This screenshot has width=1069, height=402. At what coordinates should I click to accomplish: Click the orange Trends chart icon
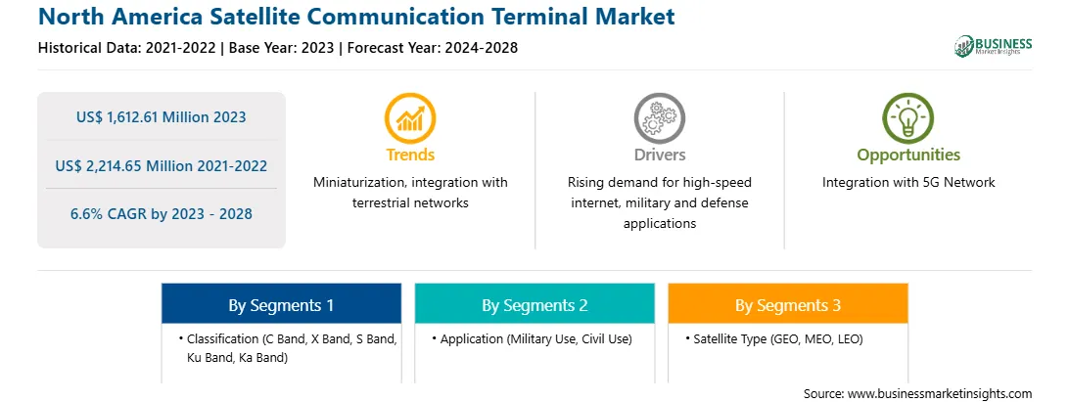click(410, 118)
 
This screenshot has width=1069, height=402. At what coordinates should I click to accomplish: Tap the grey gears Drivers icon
click(659, 118)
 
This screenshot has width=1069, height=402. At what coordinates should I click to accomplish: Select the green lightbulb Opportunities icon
click(908, 118)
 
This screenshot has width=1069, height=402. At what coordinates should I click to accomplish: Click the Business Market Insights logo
click(994, 46)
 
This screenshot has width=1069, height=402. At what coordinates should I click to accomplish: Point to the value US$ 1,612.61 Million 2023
click(162, 117)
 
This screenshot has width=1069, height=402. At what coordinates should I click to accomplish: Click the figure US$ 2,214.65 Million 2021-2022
click(162, 165)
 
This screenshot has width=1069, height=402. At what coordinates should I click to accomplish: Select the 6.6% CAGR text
click(162, 214)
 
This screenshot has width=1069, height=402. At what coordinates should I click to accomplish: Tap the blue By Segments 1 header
click(282, 303)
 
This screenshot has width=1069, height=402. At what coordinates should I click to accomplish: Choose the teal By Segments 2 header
click(534, 303)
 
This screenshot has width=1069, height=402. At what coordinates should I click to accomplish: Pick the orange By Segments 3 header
click(788, 303)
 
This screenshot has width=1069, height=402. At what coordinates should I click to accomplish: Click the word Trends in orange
click(410, 156)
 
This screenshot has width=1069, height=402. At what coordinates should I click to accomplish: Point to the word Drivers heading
click(659, 156)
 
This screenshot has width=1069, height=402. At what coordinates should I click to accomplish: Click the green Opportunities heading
click(908, 156)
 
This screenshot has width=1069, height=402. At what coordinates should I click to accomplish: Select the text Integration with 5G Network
click(908, 183)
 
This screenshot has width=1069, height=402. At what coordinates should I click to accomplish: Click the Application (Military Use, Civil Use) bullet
click(532, 338)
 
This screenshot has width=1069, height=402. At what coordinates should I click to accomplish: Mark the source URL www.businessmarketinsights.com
click(940, 393)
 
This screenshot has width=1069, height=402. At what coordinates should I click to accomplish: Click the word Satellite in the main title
click(265, 16)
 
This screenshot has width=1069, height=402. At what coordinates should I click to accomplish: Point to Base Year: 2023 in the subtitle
click(282, 48)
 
